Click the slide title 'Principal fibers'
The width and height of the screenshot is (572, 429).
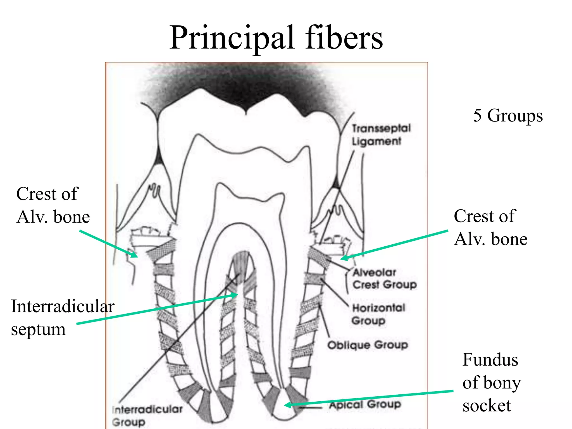point(276,38)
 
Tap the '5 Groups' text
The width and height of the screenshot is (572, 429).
point(508,115)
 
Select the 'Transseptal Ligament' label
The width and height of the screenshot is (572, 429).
point(381,135)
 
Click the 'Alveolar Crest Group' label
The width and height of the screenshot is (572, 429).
point(384,278)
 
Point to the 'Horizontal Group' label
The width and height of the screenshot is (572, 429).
point(378,314)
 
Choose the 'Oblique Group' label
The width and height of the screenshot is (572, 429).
point(368,345)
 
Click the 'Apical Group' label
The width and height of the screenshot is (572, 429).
point(365,404)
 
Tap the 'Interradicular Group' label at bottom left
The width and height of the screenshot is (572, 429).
point(147,415)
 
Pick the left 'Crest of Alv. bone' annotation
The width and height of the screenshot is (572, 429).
point(53,205)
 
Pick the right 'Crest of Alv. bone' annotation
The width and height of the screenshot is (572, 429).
point(490,227)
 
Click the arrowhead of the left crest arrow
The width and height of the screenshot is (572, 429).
point(135,255)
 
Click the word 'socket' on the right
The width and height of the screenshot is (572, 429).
point(487,406)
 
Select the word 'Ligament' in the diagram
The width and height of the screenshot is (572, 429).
point(376,141)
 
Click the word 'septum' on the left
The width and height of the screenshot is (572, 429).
point(38,329)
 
